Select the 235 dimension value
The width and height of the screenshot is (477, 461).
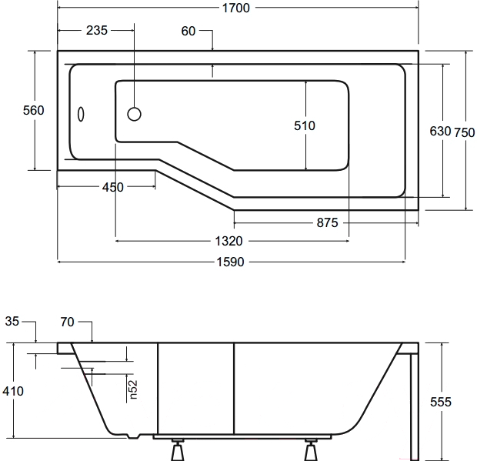(x=96, y=31)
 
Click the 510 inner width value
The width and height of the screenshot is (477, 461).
(x=305, y=125)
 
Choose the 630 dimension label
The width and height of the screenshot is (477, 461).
(x=439, y=132)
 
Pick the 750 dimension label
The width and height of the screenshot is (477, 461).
(x=464, y=132)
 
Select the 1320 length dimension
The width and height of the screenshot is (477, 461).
(x=231, y=242)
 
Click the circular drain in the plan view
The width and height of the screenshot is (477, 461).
(x=134, y=115)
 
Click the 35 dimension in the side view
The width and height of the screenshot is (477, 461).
(x=12, y=321)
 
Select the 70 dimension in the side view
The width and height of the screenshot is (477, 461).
(x=67, y=321)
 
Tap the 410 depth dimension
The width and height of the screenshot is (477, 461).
(x=12, y=391)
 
